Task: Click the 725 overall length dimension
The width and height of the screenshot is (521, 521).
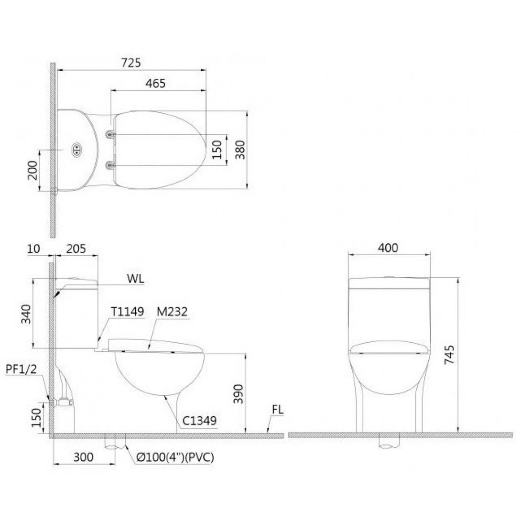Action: click(131, 63)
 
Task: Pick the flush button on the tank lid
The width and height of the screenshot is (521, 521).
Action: click(76, 150)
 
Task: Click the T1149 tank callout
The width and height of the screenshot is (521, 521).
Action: click(127, 312)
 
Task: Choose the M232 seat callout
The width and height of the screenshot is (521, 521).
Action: click(171, 312)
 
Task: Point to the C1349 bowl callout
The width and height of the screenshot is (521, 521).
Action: click(199, 421)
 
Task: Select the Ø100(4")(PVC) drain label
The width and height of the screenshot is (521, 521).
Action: click(175, 457)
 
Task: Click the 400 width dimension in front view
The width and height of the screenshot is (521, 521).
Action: click(388, 248)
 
